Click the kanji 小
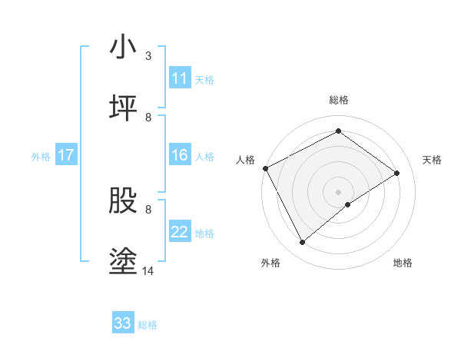(x=123, y=48)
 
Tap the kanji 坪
(x=123, y=108)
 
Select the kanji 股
(x=123, y=200)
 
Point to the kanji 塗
(x=123, y=262)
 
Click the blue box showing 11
(x=180, y=78)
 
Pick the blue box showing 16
(x=180, y=155)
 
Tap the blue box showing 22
(x=180, y=232)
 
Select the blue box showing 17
(x=66, y=155)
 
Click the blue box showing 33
(x=123, y=323)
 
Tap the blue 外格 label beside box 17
(x=41, y=156)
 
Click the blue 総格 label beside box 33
(x=148, y=324)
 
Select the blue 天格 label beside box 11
(x=204, y=79)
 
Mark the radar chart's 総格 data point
(x=338, y=131)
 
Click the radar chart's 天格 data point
(x=397, y=173)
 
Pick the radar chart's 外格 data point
(x=302, y=243)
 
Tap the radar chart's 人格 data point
(x=265, y=168)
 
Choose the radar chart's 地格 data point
(x=348, y=204)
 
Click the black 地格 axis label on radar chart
(x=403, y=263)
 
